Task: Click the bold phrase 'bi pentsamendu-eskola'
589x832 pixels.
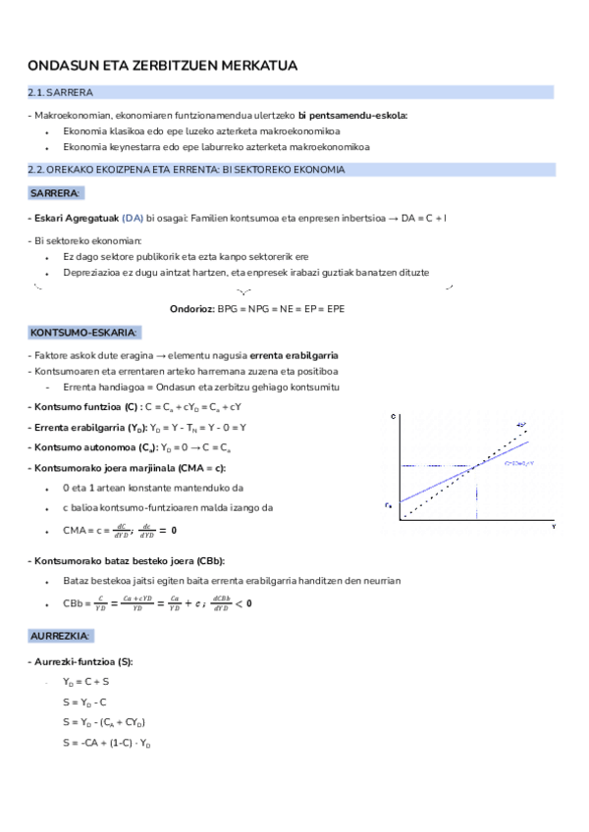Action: click(x=352, y=116)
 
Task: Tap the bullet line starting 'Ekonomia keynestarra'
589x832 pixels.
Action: click(x=215, y=147)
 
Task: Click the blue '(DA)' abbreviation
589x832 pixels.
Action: click(x=133, y=217)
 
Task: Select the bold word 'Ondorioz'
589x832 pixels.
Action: click(x=191, y=308)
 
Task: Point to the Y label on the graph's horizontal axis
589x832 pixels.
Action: click(x=553, y=527)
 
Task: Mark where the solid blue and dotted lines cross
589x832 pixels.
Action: click(x=476, y=464)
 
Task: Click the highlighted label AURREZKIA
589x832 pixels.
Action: click(x=61, y=636)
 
